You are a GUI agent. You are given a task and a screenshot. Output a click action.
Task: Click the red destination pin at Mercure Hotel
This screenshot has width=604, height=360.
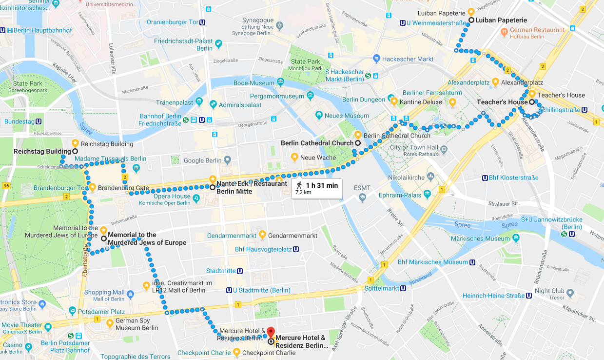coord(270,333)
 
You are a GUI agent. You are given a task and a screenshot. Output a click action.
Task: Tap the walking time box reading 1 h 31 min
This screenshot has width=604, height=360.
coord(317,188)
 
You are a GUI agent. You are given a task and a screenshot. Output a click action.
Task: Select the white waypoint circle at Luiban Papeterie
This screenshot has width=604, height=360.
coord(471,20)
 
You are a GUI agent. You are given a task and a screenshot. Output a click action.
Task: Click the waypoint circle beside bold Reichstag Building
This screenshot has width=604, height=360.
coord(75,152)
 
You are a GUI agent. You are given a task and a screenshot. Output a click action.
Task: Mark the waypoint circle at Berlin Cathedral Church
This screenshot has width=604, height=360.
coord(357,143)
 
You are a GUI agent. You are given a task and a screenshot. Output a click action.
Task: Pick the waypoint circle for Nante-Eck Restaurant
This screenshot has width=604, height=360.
coord(213,187)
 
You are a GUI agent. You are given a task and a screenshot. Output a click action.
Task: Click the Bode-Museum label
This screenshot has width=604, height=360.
coord(254,83)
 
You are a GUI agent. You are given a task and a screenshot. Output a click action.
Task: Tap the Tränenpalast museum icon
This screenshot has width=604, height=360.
coord(199,102)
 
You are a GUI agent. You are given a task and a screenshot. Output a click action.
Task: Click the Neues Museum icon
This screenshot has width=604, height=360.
coord(319,116)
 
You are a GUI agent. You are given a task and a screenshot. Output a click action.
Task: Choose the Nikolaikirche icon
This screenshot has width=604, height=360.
coord(429,176)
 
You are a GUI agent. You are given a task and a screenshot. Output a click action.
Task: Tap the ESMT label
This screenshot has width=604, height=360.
coord(362,187)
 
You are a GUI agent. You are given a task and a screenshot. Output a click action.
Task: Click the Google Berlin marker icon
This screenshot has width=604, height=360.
coord(227,160)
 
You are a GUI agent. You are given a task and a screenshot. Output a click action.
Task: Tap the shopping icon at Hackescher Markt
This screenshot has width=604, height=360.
coord(376,59)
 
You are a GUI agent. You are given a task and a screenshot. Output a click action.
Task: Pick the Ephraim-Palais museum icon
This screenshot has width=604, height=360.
coord(427,195)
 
